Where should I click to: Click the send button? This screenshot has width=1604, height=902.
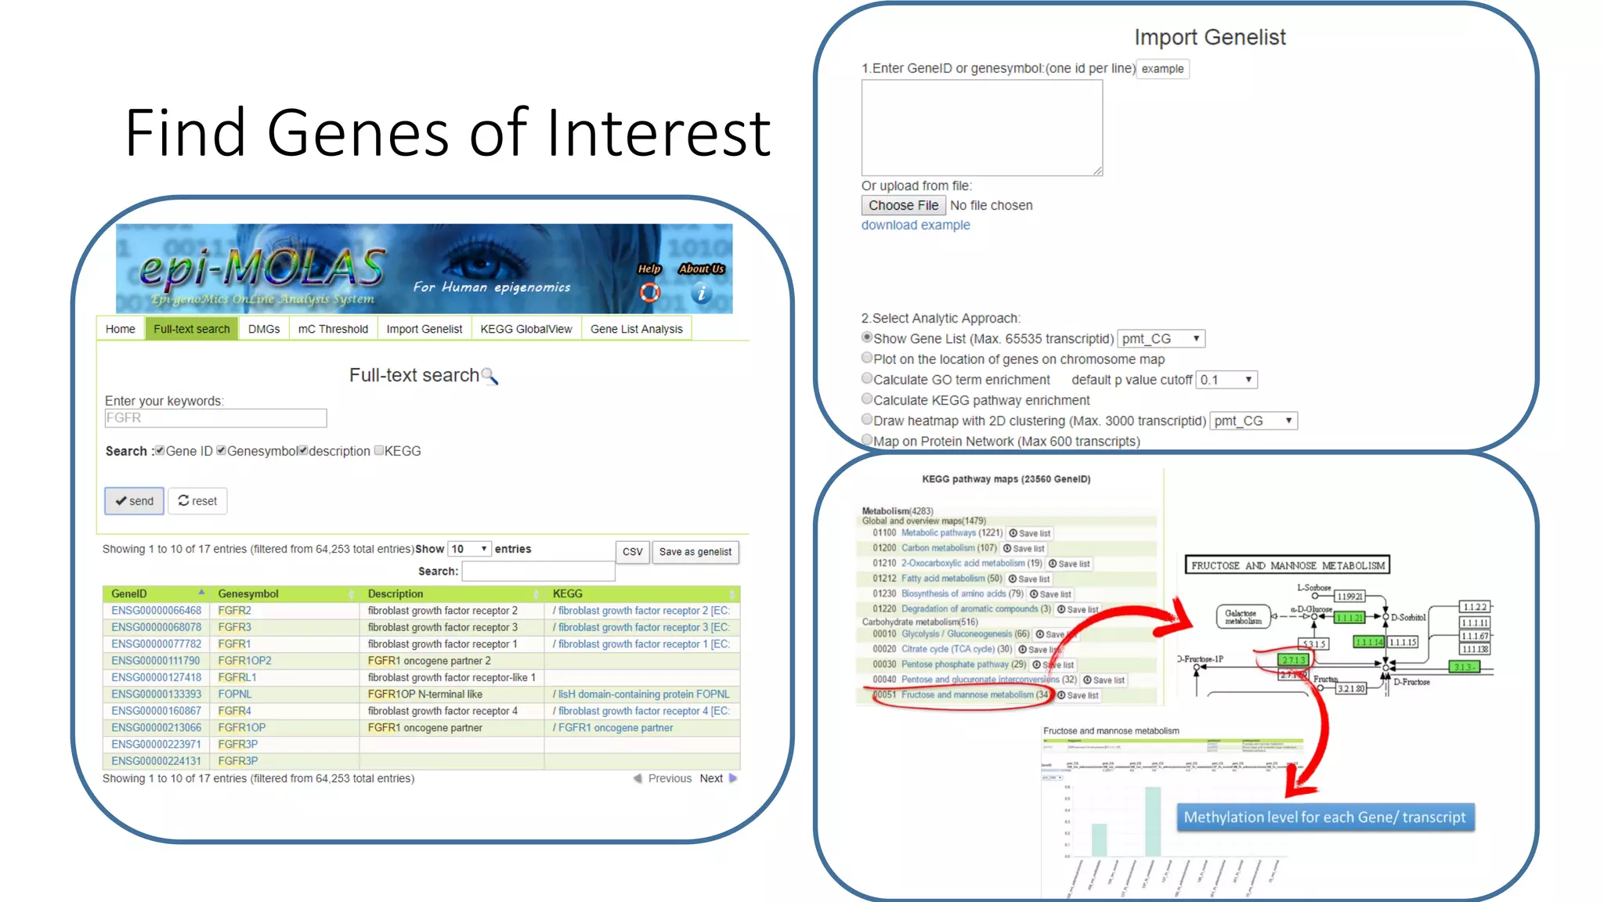click(134, 501)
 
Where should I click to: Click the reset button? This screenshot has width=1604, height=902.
click(197, 501)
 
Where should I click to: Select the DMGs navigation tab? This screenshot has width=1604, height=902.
click(264, 329)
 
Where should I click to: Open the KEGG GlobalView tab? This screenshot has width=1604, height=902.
click(526, 329)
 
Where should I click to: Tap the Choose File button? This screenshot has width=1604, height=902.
click(903, 205)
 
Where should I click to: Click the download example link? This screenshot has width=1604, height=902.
click(916, 225)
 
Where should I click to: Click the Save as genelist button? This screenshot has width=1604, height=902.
click(695, 552)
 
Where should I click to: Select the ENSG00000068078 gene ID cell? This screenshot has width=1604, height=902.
click(156, 627)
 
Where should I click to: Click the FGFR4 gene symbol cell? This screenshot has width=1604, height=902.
click(234, 711)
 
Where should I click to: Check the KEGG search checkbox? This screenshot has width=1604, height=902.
click(379, 450)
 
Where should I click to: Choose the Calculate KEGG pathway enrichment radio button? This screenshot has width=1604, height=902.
click(867, 399)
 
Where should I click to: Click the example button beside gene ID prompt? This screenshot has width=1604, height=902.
click(1162, 69)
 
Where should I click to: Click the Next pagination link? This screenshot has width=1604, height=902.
click(711, 778)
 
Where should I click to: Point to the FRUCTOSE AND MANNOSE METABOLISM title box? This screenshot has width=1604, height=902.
click(1287, 565)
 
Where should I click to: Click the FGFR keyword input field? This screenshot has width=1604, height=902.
click(215, 418)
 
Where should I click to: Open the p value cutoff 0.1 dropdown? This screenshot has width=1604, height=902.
click(1226, 380)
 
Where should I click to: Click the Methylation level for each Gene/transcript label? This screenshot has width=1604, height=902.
click(1324, 817)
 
